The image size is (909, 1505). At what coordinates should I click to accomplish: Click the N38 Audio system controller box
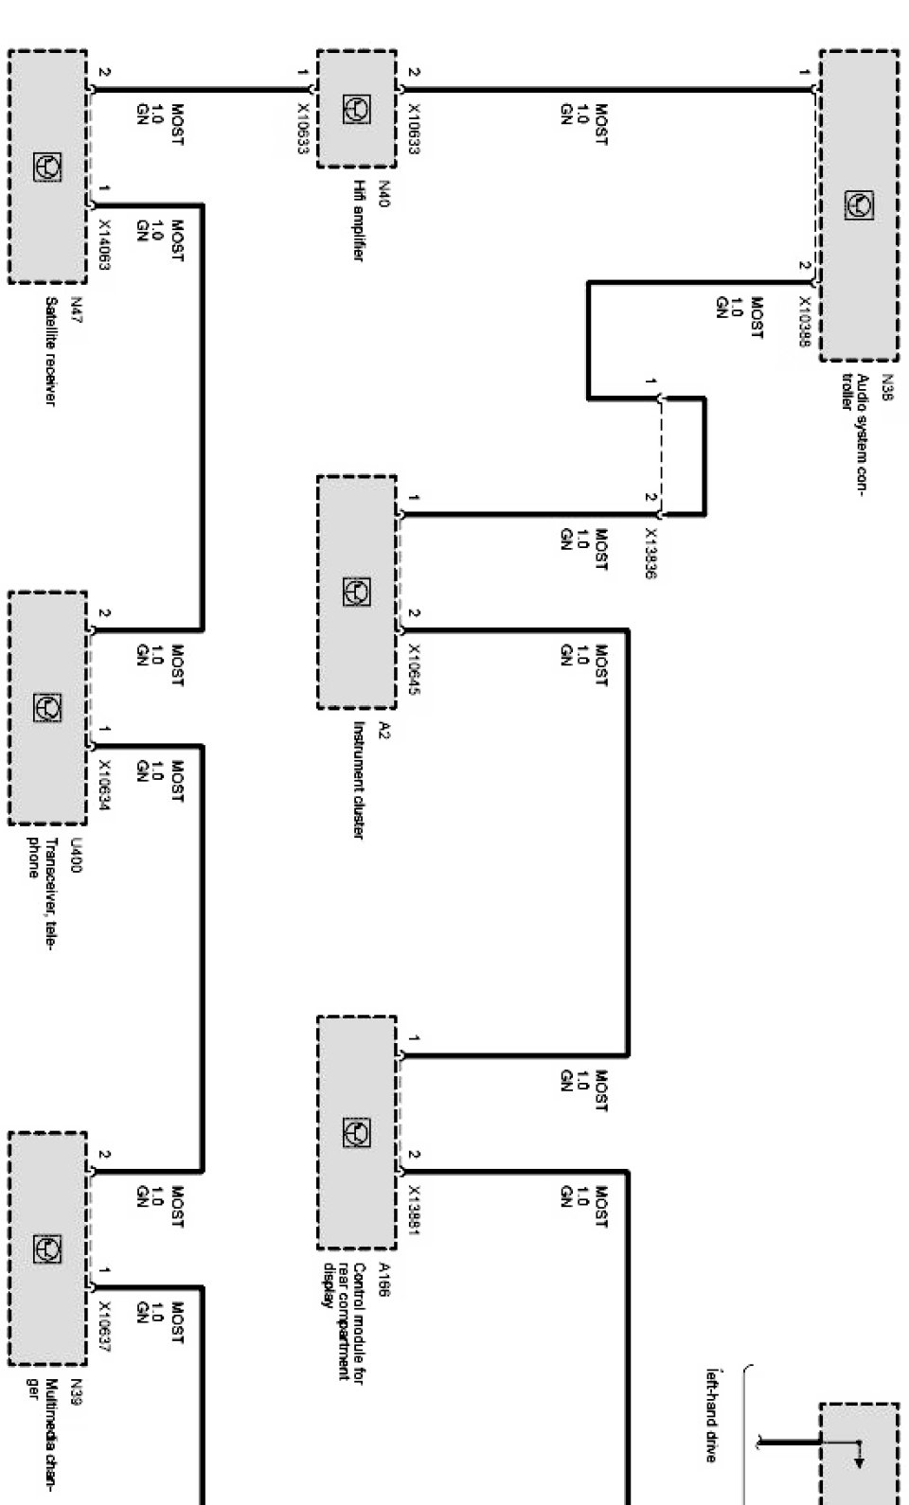pyautogui.click(x=859, y=205)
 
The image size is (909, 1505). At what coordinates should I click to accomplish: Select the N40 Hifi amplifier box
pyautogui.click(x=356, y=110)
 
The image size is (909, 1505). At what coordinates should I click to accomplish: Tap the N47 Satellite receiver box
pyautogui.click(x=47, y=167)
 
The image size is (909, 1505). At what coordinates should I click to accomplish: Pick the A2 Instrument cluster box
pyautogui.click(x=356, y=593)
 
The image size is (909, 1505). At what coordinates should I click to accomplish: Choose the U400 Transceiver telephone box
pyautogui.click(x=47, y=707)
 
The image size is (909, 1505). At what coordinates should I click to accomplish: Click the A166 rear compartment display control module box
pyautogui.click(x=356, y=1133)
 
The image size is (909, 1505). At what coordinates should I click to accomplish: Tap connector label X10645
pyautogui.click(x=414, y=669)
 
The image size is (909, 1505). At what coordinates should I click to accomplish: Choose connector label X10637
pyautogui.click(x=105, y=1326)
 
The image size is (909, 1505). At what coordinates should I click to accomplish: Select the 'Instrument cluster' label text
pyautogui.click(x=360, y=780)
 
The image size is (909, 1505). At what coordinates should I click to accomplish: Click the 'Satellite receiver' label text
pyautogui.click(x=51, y=352)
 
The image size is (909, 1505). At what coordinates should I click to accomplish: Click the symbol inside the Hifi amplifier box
pyautogui.click(x=356, y=110)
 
